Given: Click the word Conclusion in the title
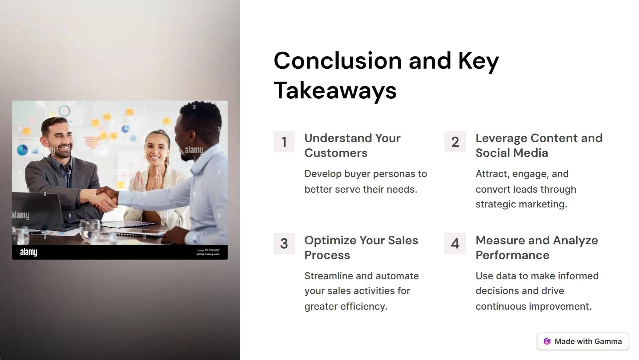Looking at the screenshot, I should [x=338, y=61].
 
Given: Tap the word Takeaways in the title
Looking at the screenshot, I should [x=335, y=91].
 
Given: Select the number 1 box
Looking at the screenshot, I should [x=284, y=142].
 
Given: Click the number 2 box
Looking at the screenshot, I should [x=455, y=142].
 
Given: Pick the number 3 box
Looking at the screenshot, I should [x=284, y=244].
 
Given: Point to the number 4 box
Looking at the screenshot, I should [x=455, y=244].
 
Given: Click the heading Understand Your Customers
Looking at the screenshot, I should [x=352, y=145].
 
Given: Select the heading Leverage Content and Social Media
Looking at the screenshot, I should [x=539, y=145].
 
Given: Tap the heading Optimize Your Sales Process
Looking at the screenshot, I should [x=361, y=247].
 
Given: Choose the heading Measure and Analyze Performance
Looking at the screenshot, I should [x=536, y=247].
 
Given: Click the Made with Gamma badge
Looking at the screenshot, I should [x=582, y=341].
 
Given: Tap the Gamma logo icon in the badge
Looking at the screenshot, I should [x=547, y=341].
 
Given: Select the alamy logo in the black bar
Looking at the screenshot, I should [x=29, y=252].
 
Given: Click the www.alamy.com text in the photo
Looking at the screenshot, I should [x=208, y=254].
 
